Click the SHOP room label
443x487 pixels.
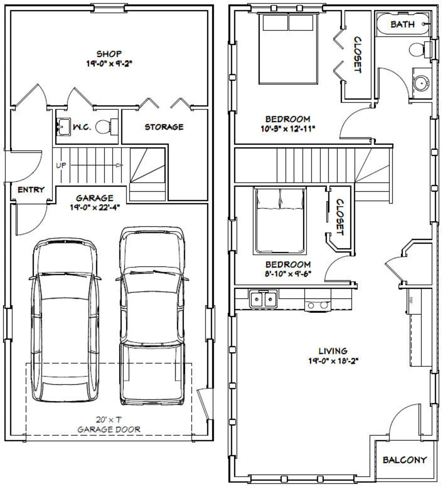point(109,54)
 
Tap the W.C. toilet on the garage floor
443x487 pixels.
point(104,127)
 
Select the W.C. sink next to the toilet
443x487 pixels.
point(64,127)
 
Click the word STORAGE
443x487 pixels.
point(164,127)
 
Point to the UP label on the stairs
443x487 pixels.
point(61,165)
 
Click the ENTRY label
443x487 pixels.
point(31,190)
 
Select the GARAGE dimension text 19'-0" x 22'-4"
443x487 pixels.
point(95,208)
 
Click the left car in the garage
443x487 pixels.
point(65,320)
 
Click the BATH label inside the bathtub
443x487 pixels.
point(402,25)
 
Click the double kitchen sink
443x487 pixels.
point(263,299)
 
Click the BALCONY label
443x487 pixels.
point(405,460)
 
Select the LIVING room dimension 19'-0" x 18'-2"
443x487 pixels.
point(333,361)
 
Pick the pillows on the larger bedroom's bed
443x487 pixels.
point(288,23)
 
